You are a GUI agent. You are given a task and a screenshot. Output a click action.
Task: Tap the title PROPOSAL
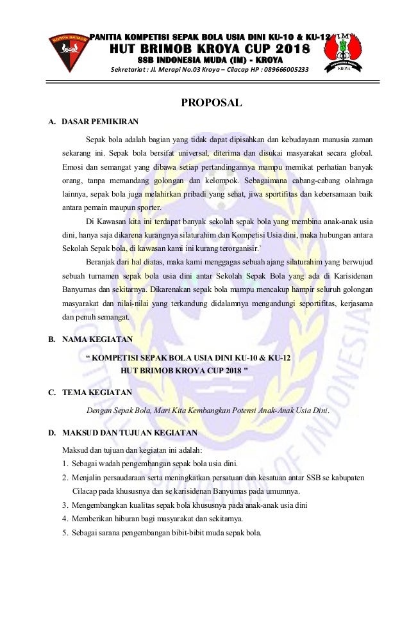[x=211, y=102]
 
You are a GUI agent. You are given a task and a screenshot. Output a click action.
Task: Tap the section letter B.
[x=51, y=339]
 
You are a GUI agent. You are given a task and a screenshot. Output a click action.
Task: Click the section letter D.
[x=51, y=433]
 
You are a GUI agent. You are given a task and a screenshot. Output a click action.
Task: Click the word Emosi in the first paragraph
[x=74, y=167]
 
